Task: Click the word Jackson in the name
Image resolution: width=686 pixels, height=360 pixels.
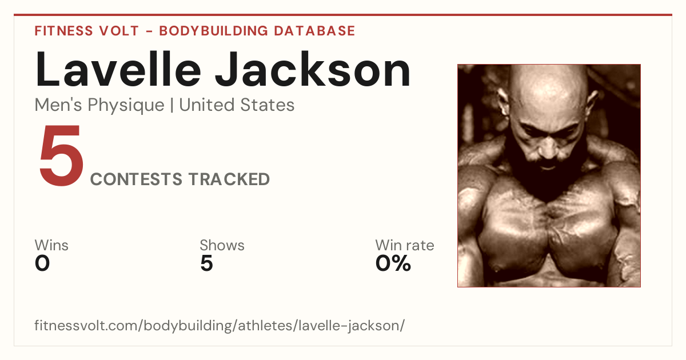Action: (x=312, y=70)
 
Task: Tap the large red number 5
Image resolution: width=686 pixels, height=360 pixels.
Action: (x=61, y=155)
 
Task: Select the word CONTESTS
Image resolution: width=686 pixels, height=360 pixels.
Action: (x=136, y=179)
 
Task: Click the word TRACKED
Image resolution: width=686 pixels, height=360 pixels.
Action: (x=229, y=179)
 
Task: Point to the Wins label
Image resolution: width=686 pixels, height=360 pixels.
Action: (x=51, y=245)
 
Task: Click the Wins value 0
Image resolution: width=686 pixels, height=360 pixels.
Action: (x=42, y=263)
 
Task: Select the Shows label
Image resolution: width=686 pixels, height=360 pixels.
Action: (x=222, y=245)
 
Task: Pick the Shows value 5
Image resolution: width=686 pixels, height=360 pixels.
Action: (x=207, y=263)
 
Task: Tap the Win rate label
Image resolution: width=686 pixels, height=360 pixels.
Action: (x=405, y=245)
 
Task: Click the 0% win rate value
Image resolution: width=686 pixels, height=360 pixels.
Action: (x=393, y=263)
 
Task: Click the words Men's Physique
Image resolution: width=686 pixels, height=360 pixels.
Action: (x=99, y=105)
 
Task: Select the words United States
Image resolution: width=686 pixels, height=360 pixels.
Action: (x=237, y=105)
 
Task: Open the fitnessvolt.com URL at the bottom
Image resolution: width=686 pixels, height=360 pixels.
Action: (x=220, y=325)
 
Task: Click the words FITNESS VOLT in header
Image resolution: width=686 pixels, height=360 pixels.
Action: (x=87, y=31)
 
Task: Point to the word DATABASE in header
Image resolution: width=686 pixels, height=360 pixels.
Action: (x=314, y=31)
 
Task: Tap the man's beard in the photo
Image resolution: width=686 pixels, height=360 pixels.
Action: (x=548, y=174)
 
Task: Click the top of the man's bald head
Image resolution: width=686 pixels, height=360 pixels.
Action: (x=548, y=69)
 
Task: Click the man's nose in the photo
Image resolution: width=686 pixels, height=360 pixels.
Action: (x=549, y=147)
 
